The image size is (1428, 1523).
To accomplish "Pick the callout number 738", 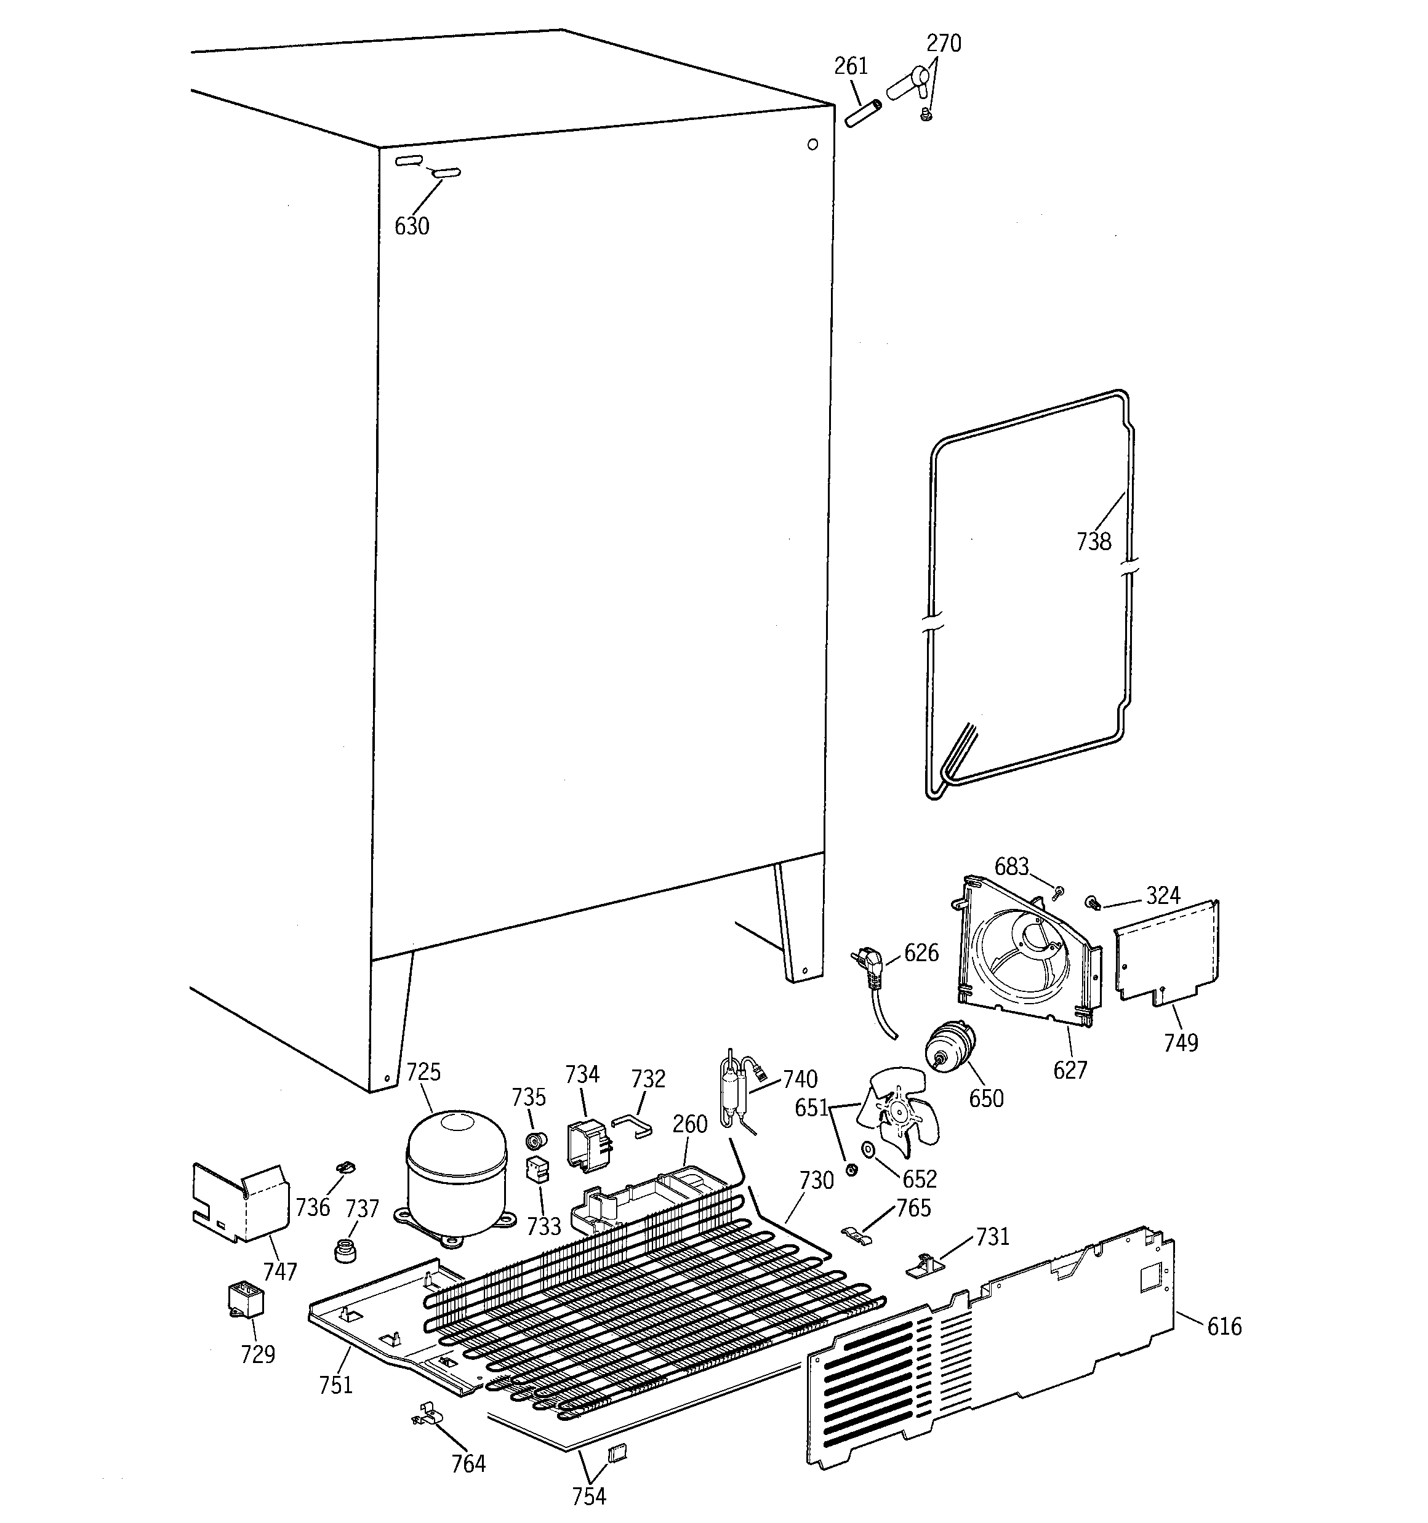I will [1093, 542].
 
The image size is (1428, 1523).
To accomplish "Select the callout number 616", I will [1224, 1326].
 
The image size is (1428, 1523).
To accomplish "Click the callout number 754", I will [588, 1495].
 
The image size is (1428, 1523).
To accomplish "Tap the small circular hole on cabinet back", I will [812, 144].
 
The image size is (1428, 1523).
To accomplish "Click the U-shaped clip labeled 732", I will [632, 1125].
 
